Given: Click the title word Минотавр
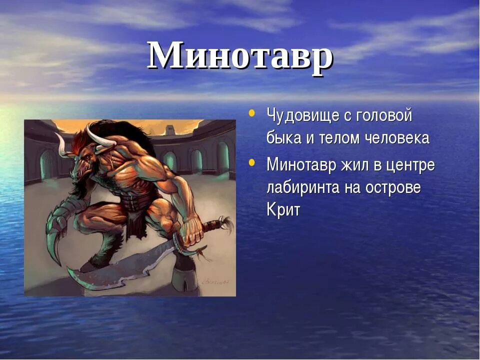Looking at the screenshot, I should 240,55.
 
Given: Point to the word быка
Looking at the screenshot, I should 283,138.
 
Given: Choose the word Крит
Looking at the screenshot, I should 283,210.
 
